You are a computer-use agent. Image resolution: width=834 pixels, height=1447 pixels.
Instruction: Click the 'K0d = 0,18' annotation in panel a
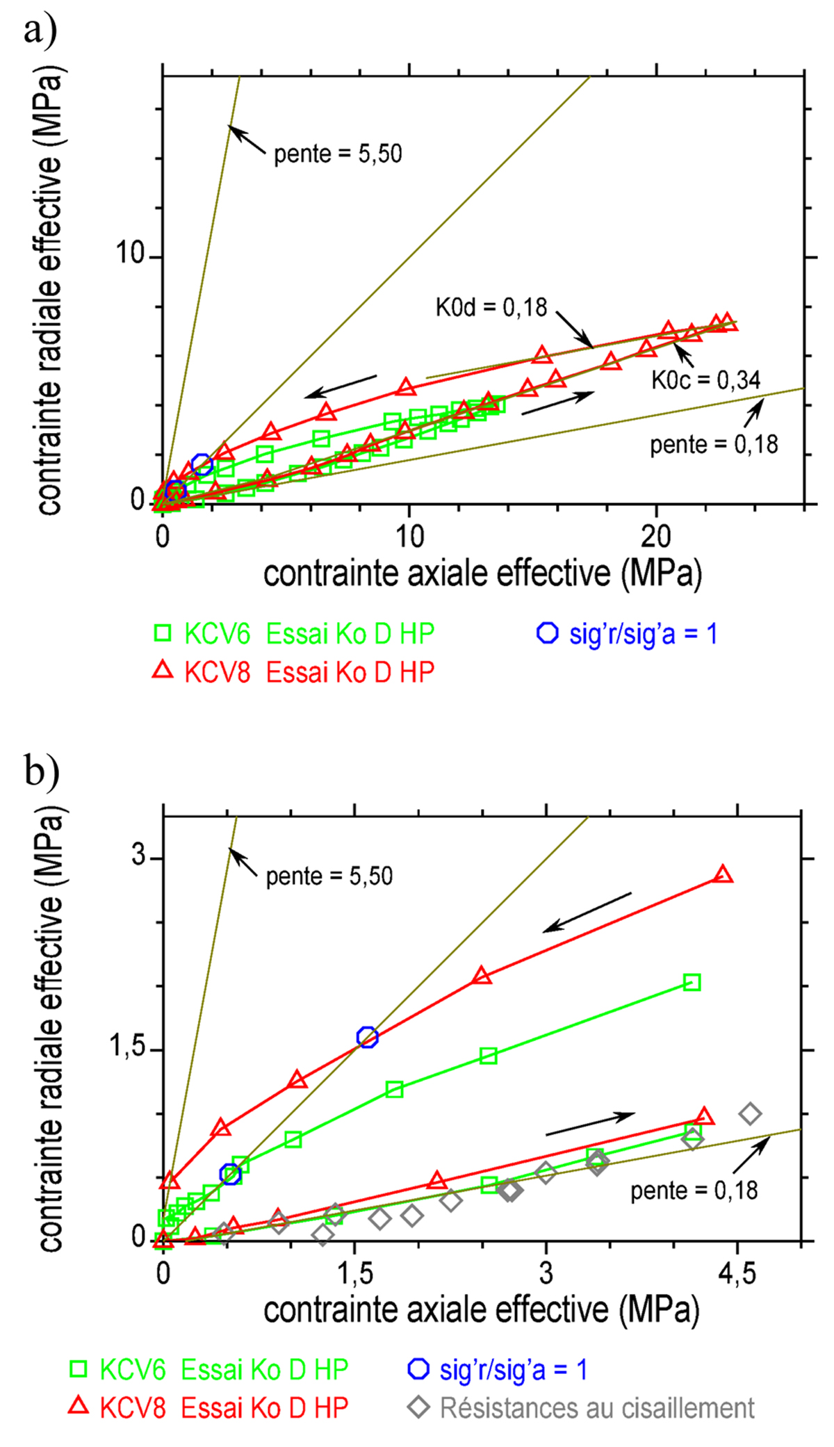tap(491, 307)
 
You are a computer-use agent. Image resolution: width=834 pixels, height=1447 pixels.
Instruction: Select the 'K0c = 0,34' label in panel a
tap(705, 380)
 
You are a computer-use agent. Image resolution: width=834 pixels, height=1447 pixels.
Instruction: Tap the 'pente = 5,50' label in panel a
tap(338, 154)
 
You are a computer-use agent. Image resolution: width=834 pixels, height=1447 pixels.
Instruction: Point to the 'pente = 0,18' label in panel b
tap(694, 1191)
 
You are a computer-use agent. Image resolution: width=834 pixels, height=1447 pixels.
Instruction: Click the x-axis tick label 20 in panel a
tap(655, 537)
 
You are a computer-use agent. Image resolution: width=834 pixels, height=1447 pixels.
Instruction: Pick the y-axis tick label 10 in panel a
tap(129, 254)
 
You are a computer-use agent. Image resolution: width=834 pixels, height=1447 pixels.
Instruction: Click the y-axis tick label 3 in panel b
tap(139, 856)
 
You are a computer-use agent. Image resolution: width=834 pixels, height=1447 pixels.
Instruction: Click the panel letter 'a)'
tap(40, 30)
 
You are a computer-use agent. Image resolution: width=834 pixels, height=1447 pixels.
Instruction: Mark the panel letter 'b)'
tap(42, 771)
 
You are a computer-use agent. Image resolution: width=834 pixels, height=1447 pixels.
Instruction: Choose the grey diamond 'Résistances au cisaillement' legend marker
tap(418, 1407)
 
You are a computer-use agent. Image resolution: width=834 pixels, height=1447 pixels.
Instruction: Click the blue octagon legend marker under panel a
tap(548, 633)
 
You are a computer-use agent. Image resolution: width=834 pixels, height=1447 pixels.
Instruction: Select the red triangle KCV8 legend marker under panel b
tap(79, 1406)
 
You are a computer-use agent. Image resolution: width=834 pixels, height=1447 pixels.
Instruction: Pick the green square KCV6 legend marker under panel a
tap(163, 633)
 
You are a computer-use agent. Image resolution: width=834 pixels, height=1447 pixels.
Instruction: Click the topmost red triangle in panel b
tap(723, 874)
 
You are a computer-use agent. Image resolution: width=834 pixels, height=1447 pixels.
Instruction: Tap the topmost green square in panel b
tap(692, 982)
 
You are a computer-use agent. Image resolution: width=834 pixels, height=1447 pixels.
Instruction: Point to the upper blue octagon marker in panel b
tap(367, 1037)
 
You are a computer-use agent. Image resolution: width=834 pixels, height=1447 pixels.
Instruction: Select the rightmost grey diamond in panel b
tap(749, 1113)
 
